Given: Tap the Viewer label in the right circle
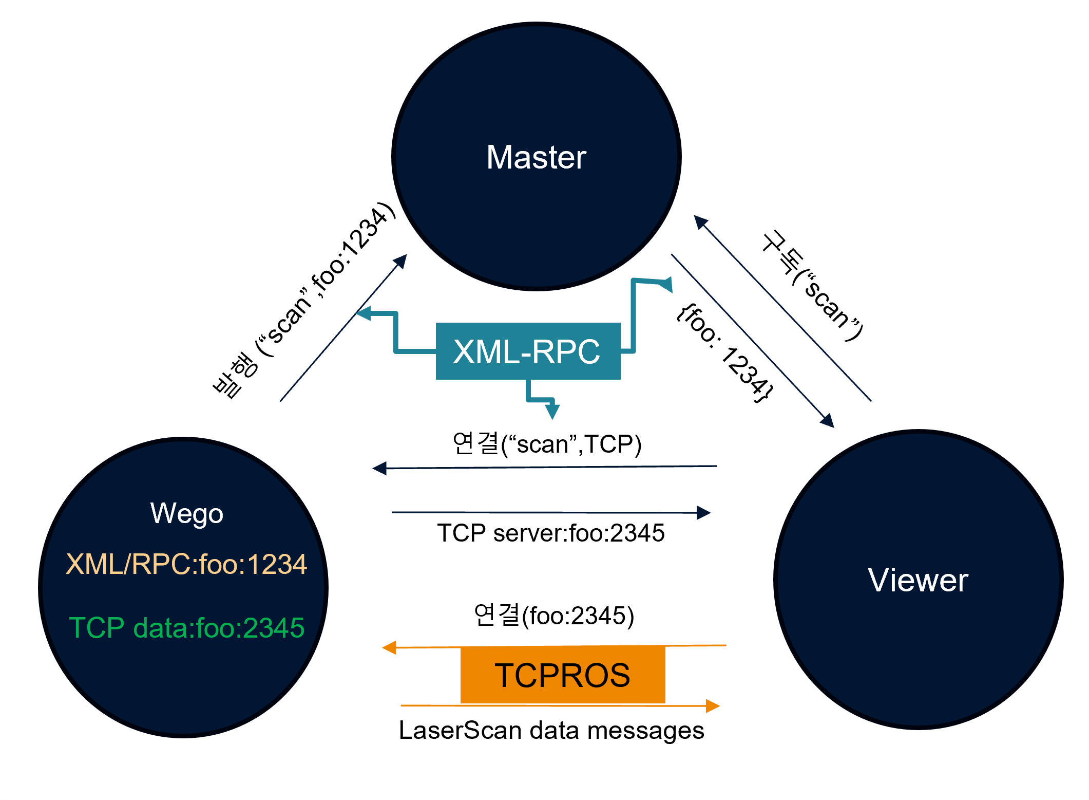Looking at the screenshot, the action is point(918,580).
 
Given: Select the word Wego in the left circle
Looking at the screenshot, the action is point(187,514).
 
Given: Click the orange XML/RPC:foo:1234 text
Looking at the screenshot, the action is point(186,564).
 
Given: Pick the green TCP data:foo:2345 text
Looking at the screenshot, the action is point(186,627).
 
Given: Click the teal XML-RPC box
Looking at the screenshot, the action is point(528,351).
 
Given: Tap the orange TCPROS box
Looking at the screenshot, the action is point(563,675).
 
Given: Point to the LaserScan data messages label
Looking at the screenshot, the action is point(551,730).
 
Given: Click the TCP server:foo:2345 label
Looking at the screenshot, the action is point(550,533).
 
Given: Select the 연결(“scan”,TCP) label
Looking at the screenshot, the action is point(547,444).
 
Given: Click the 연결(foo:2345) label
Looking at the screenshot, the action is point(554,615).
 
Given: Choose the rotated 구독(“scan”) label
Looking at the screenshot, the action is point(812,286).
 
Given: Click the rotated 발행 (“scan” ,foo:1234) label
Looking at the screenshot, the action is point(304,300).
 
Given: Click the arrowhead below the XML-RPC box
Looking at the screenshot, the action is point(552,411).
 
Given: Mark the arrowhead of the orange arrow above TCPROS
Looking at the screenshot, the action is point(389,647).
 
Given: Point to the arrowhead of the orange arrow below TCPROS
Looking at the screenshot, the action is point(713,706).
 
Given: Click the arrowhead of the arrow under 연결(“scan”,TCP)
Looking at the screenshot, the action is point(379,469).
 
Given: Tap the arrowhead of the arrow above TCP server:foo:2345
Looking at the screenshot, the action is point(704,512).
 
